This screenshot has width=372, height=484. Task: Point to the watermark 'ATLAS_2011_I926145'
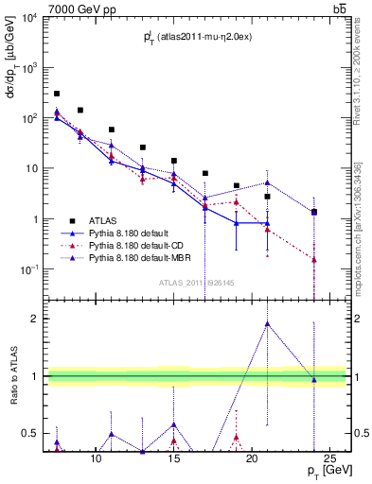pyautogui.click(x=196, y=282)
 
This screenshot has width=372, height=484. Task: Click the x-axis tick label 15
pyautogui.click(x=173, y=459)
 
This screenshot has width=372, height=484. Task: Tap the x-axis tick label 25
pyautogui.click(x=329, y=459)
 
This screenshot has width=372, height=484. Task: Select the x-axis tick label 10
pyautogui.click(x=96, y=459)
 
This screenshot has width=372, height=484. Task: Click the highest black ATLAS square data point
pyautogui.click(x=57, y=94)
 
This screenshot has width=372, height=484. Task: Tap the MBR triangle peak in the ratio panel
pyautogui.click(x=268, y=323)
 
